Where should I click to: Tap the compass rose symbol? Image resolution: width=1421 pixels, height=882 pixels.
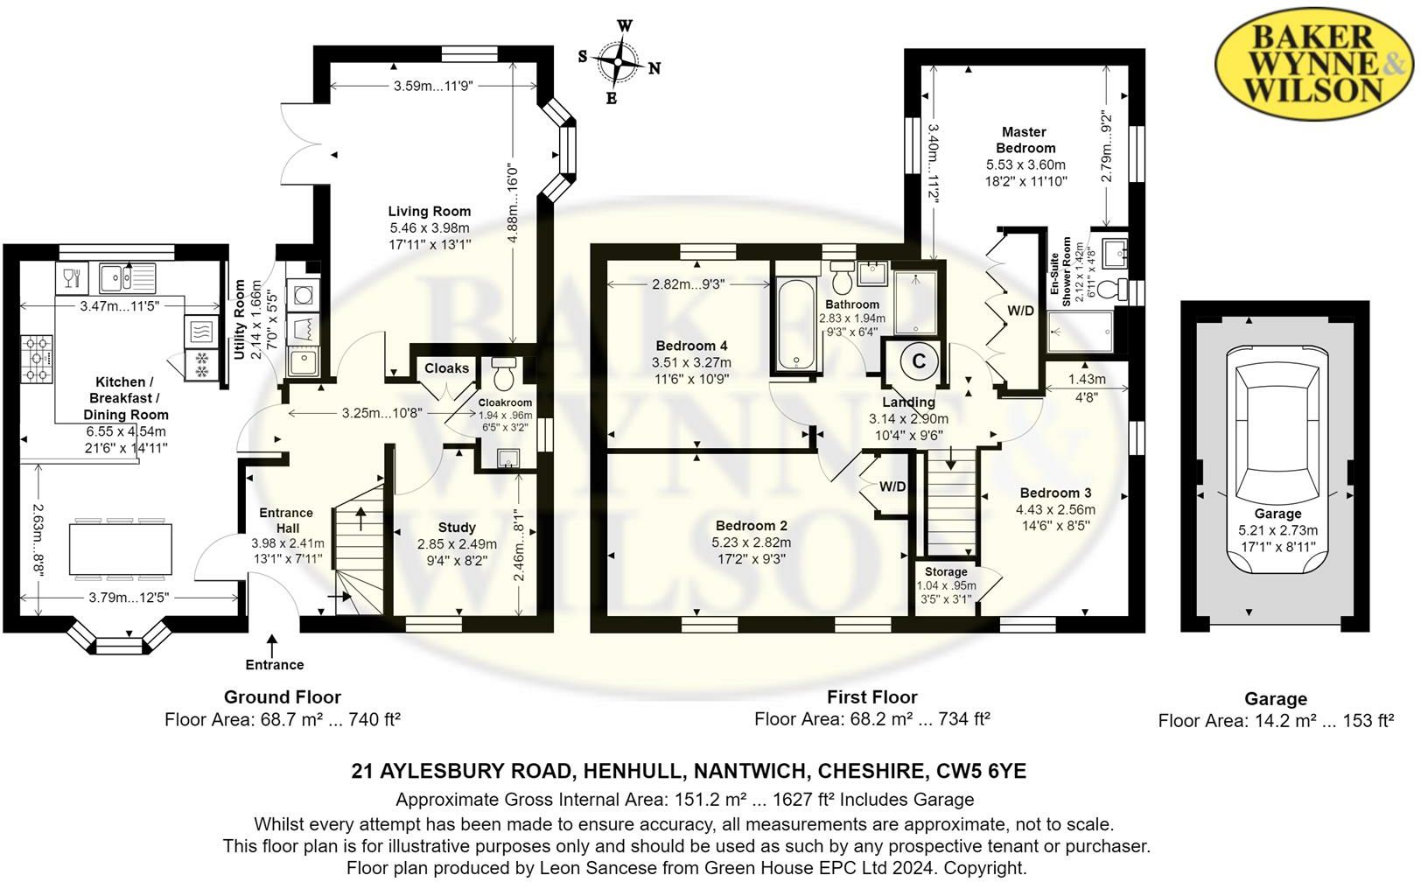click(x=619, y=63)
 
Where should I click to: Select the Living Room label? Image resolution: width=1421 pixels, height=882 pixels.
click(x=430, y=211)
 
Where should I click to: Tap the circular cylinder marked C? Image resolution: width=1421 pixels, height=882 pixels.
click(x=919, y=360)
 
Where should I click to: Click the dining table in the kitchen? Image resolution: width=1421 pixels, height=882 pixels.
click(x=122, y=549)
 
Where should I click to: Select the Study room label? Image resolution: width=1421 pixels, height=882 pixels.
click(x=457, y=527)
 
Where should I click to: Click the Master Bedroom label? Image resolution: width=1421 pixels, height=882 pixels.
click(x=1025, y=140)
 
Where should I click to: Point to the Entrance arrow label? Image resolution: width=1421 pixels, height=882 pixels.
click(x=274, y=664)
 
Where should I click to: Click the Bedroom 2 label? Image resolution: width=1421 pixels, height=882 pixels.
click(x=751, y=526)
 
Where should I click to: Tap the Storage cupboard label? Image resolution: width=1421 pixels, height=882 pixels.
click(x=946, y=571)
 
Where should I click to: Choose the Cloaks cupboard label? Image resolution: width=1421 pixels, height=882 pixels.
click(x=447, y=368)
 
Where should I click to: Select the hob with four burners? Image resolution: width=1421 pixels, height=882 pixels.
click(x=38, y=360)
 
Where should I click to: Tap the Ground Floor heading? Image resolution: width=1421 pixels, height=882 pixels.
click(x=282, y=696)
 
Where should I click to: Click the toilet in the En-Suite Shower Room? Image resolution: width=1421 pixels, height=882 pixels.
click(x=1112, y=288)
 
